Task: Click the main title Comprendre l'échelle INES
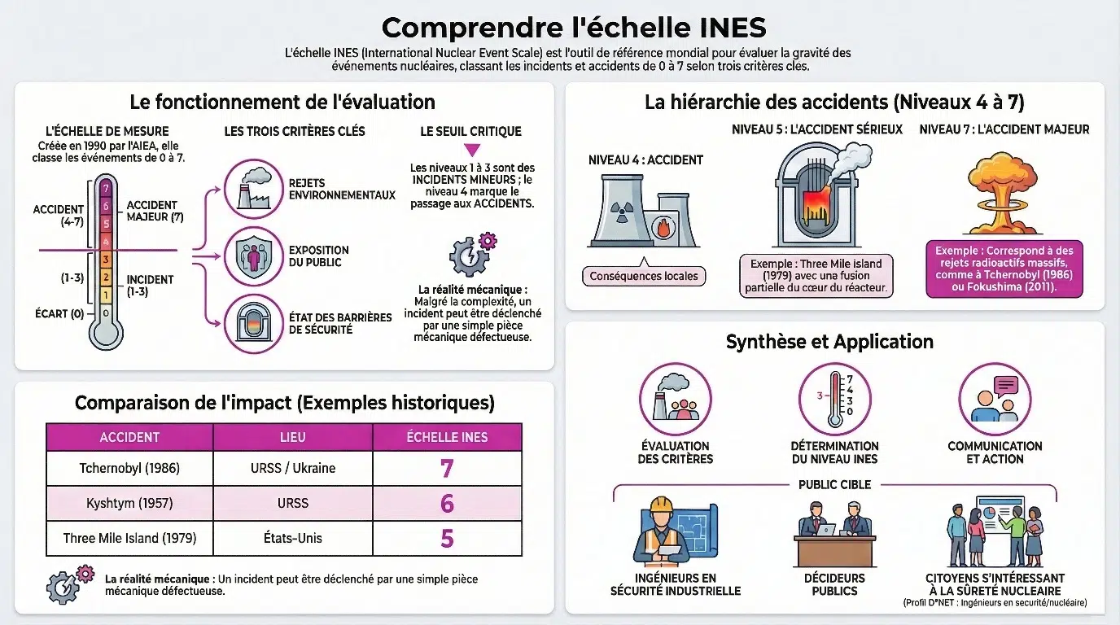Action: [x=574, y=28]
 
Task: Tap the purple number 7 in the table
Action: [x=446, y=468]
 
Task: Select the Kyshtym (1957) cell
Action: [x=129, y=503]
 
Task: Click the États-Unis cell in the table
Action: [x=292, y=538]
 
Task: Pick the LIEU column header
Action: [x=292, y=437]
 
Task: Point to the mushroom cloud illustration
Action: [x=1003, y=192]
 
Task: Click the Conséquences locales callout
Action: [x=643, y=276]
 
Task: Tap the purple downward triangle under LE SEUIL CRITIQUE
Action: [x=470, y=150]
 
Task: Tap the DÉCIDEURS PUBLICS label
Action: [x=834, y=584]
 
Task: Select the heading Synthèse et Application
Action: [x=829, y=342]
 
